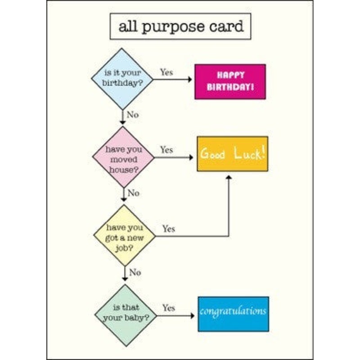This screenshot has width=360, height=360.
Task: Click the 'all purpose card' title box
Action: (x=180, y=27)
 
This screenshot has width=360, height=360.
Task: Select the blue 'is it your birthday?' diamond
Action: (x=122, y=79)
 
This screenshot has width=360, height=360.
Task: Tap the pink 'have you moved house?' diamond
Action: (x=123, y=157)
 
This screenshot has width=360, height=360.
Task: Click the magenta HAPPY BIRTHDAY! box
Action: (x=230, y=81)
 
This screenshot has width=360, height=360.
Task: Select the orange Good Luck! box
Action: (x=232, y=154)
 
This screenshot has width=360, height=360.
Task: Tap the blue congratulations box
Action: (x=233, y=314)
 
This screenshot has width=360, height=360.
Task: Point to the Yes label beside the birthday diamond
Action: (x=166, y=72)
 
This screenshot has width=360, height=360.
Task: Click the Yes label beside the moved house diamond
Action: (x=166, y=149)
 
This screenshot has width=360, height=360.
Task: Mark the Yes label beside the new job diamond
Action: (x=168, y=229)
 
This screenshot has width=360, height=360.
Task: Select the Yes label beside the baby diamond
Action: (x=169, y=308)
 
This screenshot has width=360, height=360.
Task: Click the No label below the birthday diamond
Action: (x=133, y=115)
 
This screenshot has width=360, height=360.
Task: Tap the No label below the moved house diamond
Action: (x=134, y=193)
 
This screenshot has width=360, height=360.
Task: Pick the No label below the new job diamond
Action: (x=135, y=272)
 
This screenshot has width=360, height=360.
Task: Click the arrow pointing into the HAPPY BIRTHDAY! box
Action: (x=189, y=81)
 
